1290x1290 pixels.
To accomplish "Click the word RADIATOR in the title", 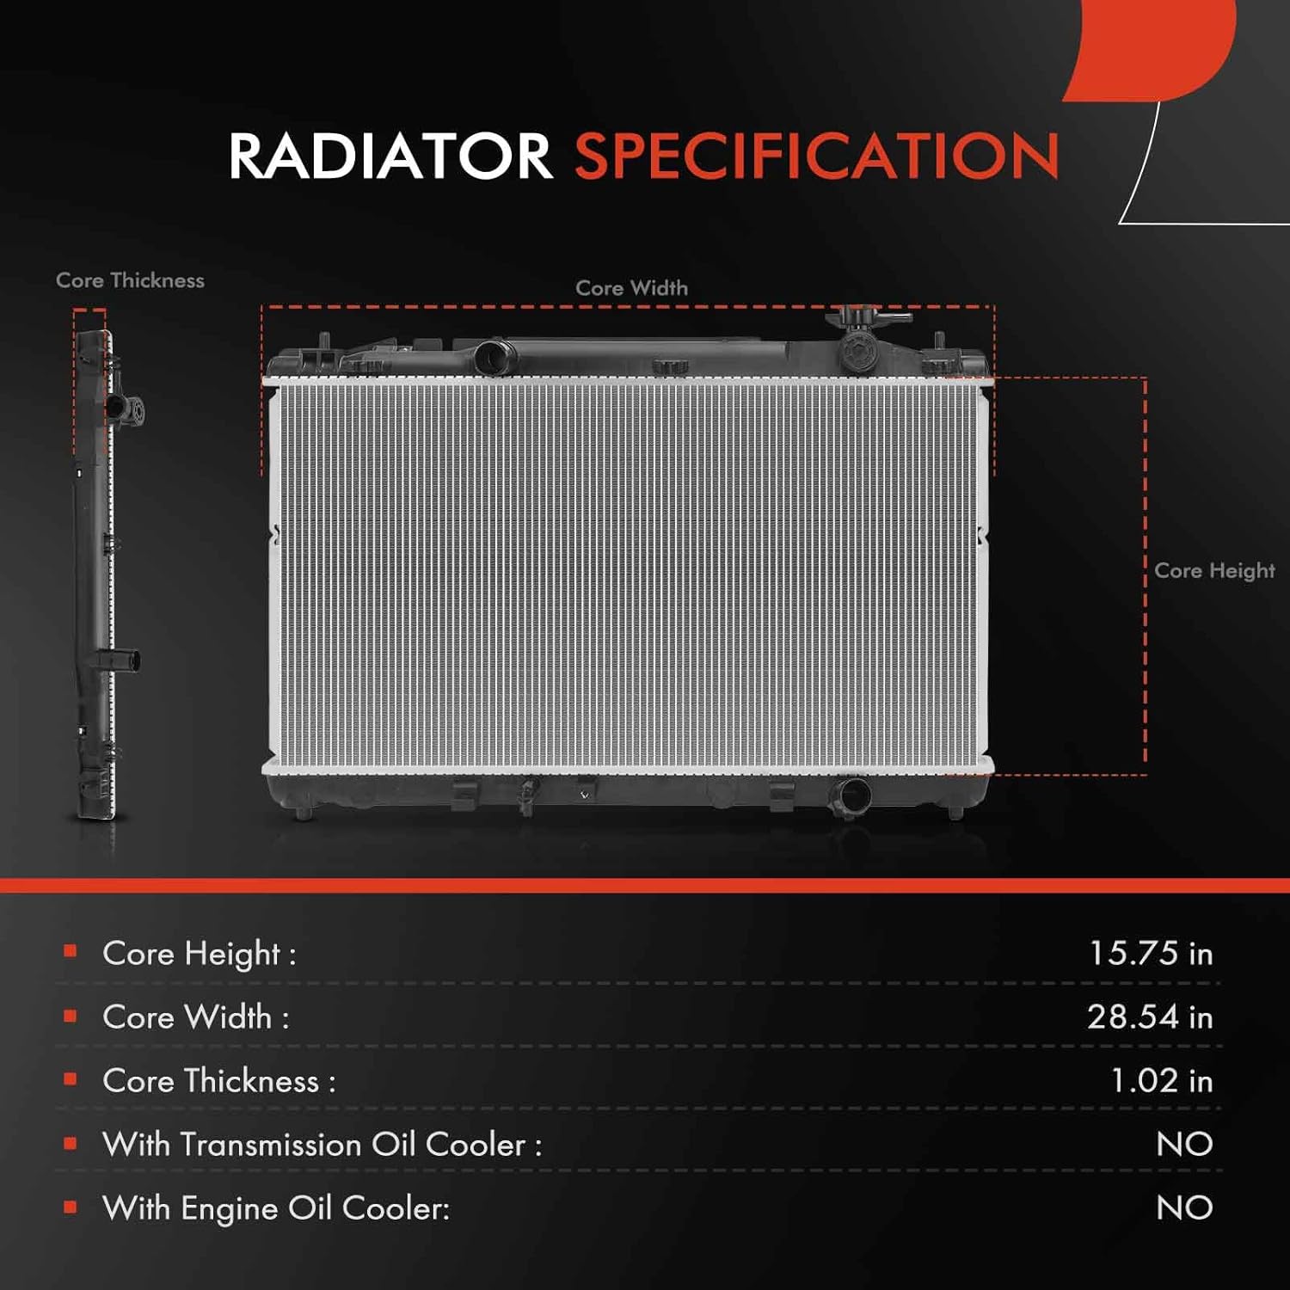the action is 390,157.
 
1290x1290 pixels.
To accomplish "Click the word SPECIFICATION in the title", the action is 816,157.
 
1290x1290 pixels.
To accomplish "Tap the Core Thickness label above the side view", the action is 130,280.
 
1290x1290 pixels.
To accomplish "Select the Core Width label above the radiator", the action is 631,288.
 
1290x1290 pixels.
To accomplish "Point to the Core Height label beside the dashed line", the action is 1213,570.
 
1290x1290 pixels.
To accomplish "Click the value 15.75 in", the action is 1150,953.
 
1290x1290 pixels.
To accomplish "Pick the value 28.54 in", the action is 1149,1017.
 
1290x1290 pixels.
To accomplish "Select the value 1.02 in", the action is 1161,1081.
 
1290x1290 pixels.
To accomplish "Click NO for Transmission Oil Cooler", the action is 1184,1145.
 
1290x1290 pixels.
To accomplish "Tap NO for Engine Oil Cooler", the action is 1184,1208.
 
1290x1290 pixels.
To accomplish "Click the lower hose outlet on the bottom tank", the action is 851,795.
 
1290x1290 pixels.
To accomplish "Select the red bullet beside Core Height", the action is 71,951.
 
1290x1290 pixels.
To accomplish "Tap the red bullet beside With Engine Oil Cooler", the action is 71,1207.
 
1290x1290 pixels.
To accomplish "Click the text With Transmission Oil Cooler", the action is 322,1145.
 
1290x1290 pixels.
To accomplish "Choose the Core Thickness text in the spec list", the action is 218,1081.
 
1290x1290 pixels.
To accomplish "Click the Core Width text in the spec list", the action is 195,1017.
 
